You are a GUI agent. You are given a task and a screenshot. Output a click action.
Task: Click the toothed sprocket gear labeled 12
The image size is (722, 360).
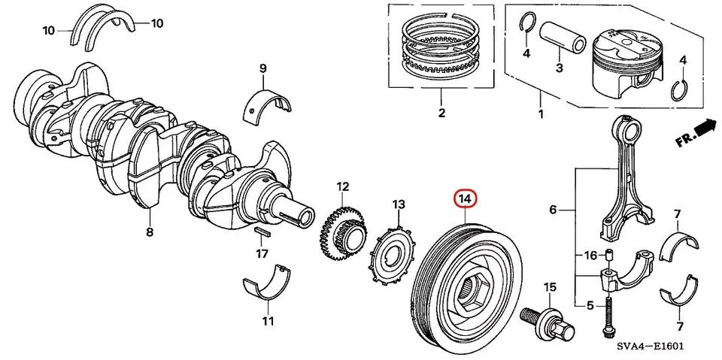[x=344, y=234]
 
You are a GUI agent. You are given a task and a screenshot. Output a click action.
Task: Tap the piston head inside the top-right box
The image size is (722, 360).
[x=629, y=64]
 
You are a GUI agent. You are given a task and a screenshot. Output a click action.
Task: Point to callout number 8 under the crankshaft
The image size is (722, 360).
[x=149, y=232]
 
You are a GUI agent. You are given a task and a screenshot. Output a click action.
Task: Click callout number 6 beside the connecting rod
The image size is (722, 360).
[x=553, y=210]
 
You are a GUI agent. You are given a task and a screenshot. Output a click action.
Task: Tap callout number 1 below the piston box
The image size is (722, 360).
[x=539, y=115]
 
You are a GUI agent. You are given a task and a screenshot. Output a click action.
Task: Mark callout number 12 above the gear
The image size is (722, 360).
[x=342, y=186]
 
